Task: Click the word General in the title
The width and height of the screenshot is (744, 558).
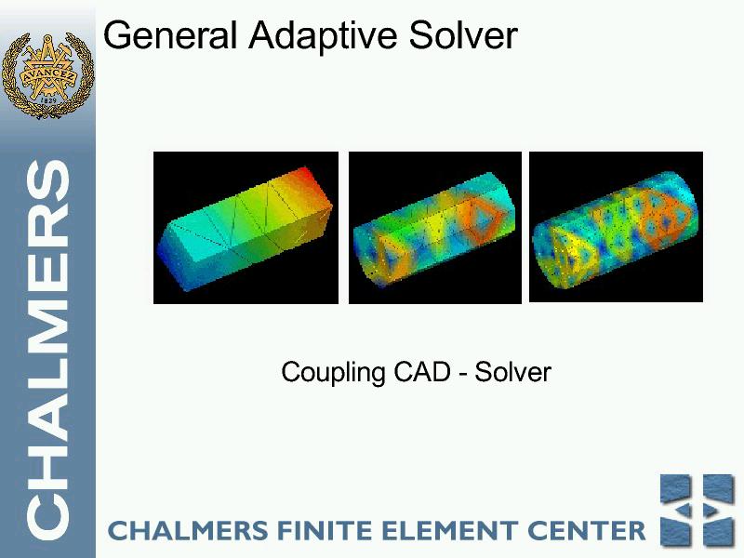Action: pyautogui.click(x=169, y=35)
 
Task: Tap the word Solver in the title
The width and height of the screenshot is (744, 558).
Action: pyautogui.click(x=463, y=35)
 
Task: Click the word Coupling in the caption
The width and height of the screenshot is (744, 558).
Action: pyautogui.click(x=333, y=373)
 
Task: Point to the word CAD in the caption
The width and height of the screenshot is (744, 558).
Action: pyautogui.click(x=422, y=371)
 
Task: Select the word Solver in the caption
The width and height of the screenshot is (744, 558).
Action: pyautogui.click(x=513, y=371)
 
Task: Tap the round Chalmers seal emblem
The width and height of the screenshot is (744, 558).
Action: pyautogui.click(x=47, y=76)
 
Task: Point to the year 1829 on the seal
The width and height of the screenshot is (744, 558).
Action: pyautogui.click(x=48, y=100)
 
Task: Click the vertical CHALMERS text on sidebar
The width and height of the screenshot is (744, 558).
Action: pyautogui.click(x=48, y=351)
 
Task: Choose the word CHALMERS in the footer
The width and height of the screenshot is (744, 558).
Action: pyautogui.click(x=189, y=530)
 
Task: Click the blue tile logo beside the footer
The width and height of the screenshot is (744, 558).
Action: pyautogui.click(x=697, y=510)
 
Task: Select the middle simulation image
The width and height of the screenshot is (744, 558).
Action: pyautogui.click(x=435, y=228)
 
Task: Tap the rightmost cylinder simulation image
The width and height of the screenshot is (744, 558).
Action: pyautogui.click(x=616, y=227)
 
